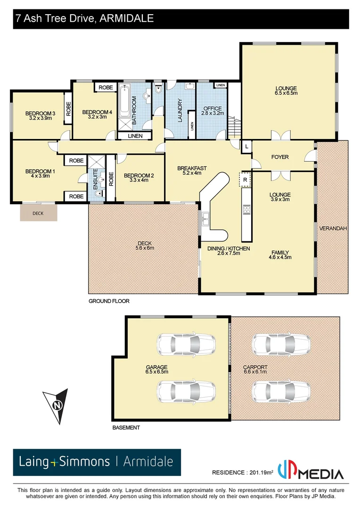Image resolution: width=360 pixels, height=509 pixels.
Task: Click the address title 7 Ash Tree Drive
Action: pos(84,19)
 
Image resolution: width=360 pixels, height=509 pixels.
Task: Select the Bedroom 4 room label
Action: pos(97,115)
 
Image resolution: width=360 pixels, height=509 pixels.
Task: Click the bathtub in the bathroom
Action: pos(126,101)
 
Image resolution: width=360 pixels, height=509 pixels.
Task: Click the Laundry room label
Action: pos(180,110)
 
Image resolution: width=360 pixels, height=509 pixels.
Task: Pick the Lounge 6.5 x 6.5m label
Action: pos(286,91)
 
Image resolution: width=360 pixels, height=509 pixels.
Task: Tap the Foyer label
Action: pos(280,157)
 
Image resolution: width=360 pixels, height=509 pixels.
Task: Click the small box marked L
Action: pos(246,147)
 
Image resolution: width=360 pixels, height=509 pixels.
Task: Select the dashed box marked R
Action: pos(245,180)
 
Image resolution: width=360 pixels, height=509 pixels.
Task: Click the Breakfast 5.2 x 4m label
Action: pos(192,171)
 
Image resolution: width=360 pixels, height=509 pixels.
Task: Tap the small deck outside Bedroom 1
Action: pos(38,213)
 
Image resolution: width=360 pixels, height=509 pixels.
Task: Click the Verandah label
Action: pos(333,229)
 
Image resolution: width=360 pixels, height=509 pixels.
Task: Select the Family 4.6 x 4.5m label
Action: pos(279,255)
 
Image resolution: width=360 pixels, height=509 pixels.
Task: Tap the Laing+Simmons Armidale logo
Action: pos(97,462)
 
